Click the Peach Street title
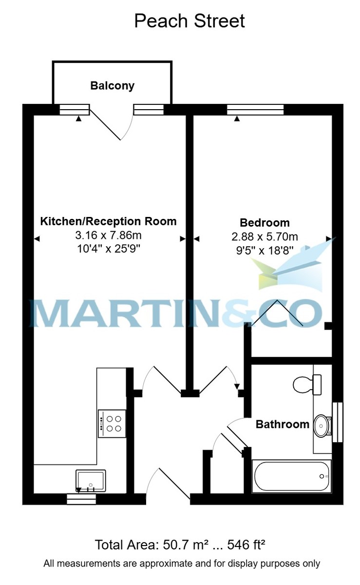pos(189,21)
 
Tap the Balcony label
pos(112,86)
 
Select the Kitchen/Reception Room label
pos(108,221)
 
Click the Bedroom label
pos(265,223)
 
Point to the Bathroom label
pos(283,425)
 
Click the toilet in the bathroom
pos(307,385)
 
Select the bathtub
pos(291,476)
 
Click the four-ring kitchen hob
pos(112,424)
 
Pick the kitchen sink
pos(91,481)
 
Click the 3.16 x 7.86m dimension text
pos(108,235)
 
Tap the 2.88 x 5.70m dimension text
pos(265,237)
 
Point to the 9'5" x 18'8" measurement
pos(265,251)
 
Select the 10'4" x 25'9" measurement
pos(109,249)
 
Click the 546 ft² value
pos(246,545)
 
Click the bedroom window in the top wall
pos(255,110)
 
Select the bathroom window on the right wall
pos(338,422)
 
